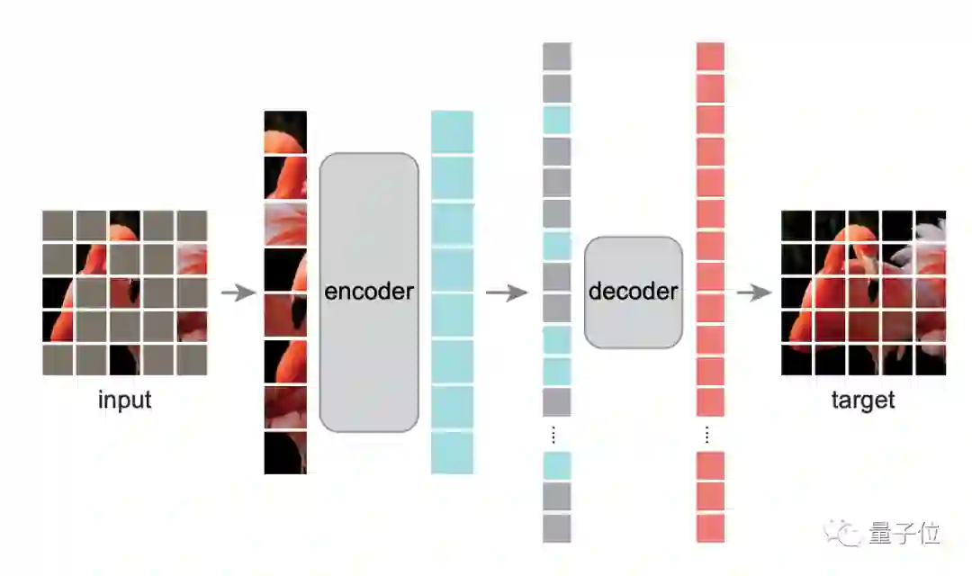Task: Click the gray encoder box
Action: coord(369,292)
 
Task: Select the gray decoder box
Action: coord(634,292)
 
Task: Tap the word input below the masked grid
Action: coord(124,400)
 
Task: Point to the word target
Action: coord(863,400)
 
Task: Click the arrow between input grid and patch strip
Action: coord(238,292)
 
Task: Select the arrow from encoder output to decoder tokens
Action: coord(506,292)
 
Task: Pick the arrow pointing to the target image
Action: coord(753,292)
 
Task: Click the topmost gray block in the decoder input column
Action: coord(557,57)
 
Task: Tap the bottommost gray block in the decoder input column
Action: coord(557,527)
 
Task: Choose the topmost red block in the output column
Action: coord(711,57)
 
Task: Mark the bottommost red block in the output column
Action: coord(711,527)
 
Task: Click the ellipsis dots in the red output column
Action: coord(707,436)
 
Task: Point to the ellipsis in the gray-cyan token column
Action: coord(553,436)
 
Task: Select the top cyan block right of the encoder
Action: coord(452,131)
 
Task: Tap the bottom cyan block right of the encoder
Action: coord(452,453)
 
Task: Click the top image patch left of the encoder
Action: coord(285,131)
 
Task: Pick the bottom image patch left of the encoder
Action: coord(285,453)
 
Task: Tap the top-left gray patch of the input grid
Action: coord(58,225)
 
